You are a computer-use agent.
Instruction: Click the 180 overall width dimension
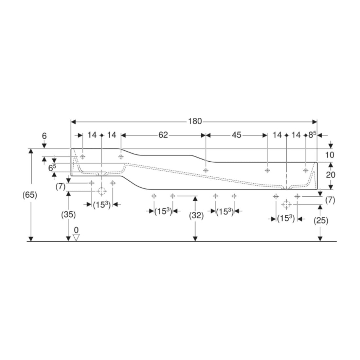(195, 121)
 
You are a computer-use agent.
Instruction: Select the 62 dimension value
(163, 135)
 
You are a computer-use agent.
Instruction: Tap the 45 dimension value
(237, 135)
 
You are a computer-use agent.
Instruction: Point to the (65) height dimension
(29, 195)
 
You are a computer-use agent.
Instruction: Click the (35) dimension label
(68, 214)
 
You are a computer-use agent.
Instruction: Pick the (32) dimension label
(196, 215)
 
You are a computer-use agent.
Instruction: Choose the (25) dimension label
(321, 220)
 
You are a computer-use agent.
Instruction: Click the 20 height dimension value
(331, 175)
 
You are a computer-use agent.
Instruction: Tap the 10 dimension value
(330, 155)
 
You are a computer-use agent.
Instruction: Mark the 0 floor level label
(76, 230)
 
